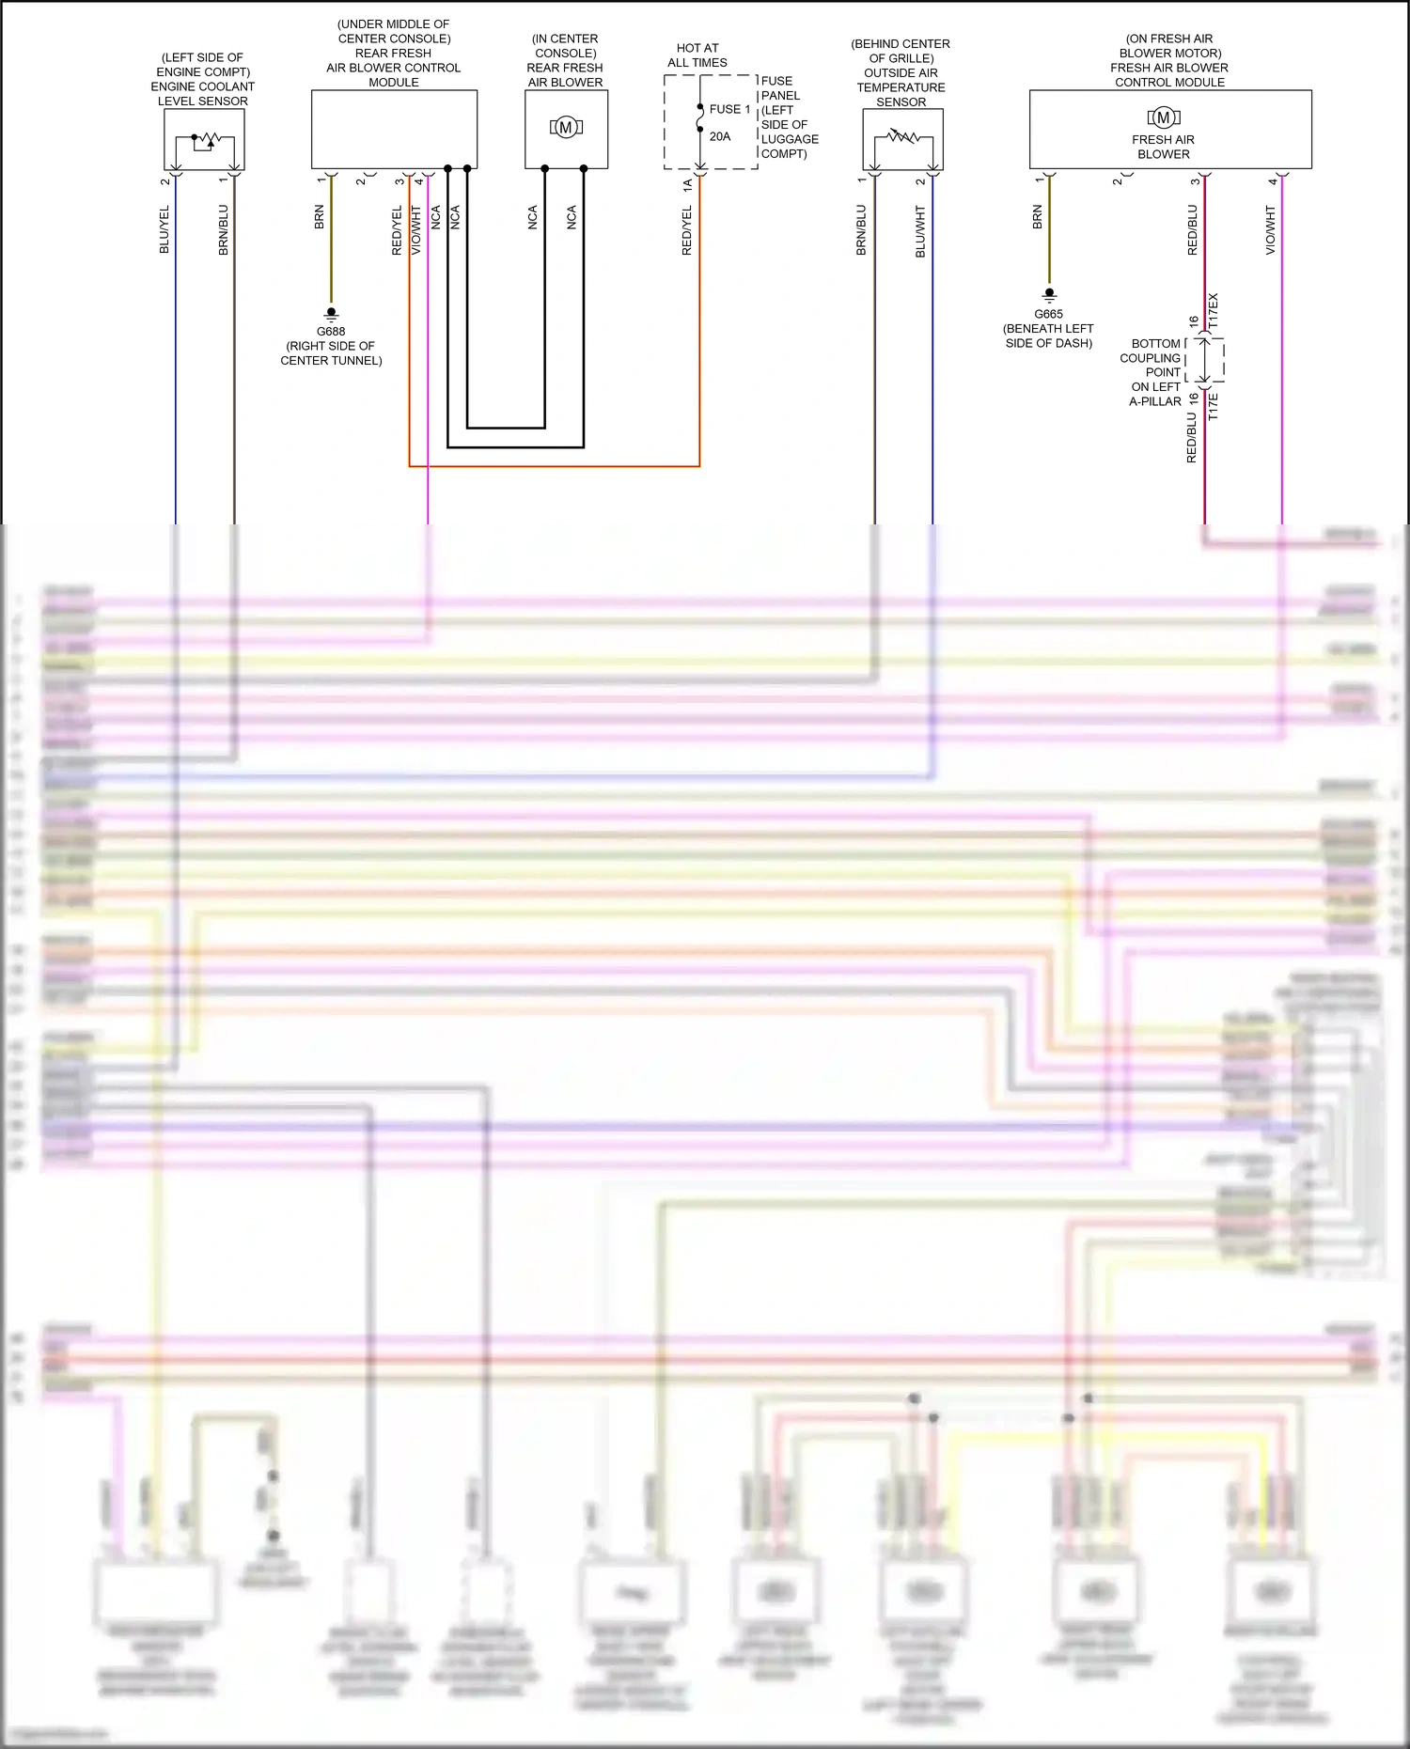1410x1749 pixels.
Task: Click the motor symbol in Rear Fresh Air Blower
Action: coord(566,128)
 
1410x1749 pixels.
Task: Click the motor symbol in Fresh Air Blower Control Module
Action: coord(1163,117)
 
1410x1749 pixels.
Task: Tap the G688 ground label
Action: coord(331,332)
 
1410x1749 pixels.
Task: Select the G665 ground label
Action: coord(1048,315)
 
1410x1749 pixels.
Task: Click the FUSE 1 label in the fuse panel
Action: coord(729,109)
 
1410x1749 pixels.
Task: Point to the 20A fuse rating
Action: coord(720,136)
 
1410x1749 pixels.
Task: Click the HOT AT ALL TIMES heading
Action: coord(697,55)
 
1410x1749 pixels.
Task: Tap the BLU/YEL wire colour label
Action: coord(164,229)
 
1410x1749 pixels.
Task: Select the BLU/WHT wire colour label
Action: coord(920,231)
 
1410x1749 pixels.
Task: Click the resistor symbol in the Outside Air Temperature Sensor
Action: coord(903,137)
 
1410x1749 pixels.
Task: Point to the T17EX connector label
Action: coord(1214,310)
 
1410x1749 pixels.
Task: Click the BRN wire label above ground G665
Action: coord(1038,217)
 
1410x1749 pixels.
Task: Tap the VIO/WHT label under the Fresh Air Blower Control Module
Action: coord(1271,231)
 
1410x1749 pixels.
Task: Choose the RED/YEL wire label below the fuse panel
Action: coord(687,231)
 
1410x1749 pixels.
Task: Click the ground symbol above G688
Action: coord(331,313)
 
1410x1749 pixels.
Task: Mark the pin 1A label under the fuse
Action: coord(688,186)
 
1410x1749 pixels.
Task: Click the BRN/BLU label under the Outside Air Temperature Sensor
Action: coord(861,230)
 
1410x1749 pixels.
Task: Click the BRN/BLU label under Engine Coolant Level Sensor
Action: coord(224,230)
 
